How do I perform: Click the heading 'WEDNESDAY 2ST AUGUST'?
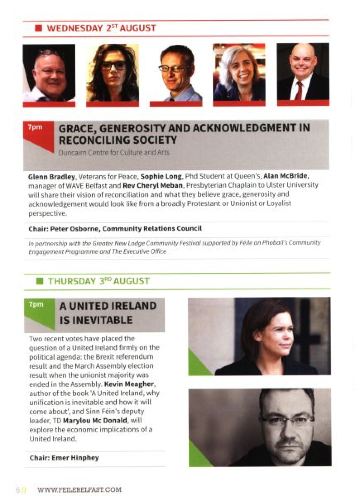[x=101, y=28]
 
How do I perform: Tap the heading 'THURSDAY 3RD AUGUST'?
[x=99, y=281]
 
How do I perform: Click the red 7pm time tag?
[x=35, y=127]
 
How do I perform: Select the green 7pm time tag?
[x=36, y=304]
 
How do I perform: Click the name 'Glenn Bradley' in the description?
[x=51, y=177]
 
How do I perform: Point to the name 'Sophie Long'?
[x=161, y=176]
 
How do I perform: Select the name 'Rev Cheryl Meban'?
[x=152, y=185]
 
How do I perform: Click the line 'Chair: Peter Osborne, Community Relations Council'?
[x=115, y=229]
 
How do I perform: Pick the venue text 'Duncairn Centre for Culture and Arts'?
[x=114, y=153]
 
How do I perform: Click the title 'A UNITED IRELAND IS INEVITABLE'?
[x=108, y=313]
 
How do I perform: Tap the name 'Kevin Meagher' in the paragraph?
[x=129, y=384]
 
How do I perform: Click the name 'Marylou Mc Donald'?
[x=95, y=420]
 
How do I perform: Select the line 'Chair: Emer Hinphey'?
[x=64, y=458]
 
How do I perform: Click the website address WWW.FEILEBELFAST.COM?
[x=79, y=490]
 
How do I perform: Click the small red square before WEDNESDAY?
[x=38, y=28]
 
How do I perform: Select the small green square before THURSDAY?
[x=40, y=281]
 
